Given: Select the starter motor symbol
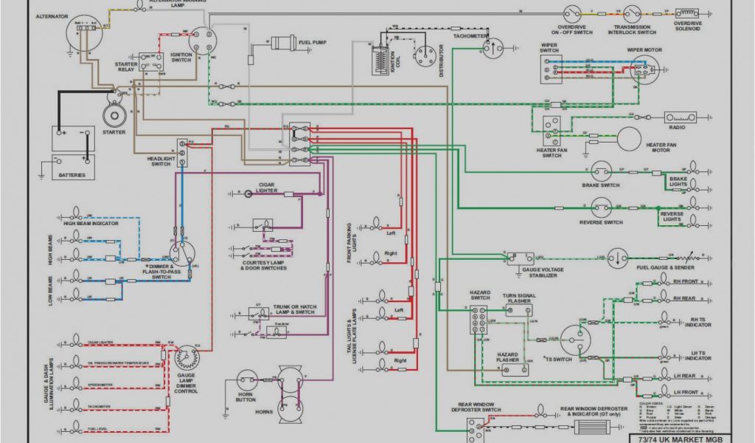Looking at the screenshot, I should click(114, 114).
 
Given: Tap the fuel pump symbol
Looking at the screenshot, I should click(282, 43).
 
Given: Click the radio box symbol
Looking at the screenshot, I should click(681, 117).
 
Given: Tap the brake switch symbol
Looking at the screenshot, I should click(601, 172).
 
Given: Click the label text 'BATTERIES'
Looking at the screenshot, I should click(72, 175).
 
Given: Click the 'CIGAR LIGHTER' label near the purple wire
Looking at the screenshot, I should click(267, 187).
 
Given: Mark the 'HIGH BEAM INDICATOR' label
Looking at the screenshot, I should click(91, 223).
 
